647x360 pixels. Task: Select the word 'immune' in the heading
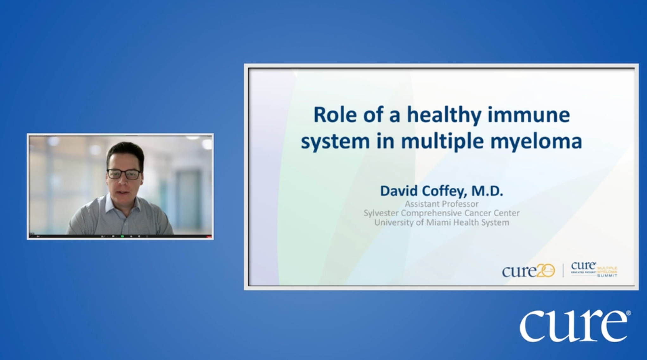pos(529,115)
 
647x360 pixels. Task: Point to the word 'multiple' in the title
pos(442,141)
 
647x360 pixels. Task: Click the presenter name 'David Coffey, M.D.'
pos(441,191)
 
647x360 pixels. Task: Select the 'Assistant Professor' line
pos(442,204)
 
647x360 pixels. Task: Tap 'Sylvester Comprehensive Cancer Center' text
pos(441,213)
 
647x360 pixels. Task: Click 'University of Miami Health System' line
pos(441,222)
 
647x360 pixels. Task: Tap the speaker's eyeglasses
pos(124,174)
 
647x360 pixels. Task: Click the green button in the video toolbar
pos(122,236)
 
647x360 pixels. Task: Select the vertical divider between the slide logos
pos(563,271)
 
